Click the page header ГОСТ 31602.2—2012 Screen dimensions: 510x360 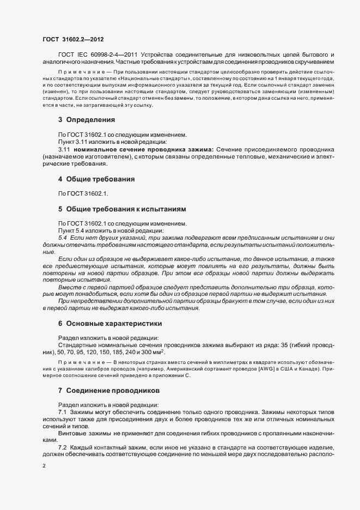point(72,40)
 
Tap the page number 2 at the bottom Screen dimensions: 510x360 point(44,466)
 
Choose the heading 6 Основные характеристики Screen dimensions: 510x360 point(109,324)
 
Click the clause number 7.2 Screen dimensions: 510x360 point(62,447)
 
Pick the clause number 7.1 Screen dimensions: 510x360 point(62,412)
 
